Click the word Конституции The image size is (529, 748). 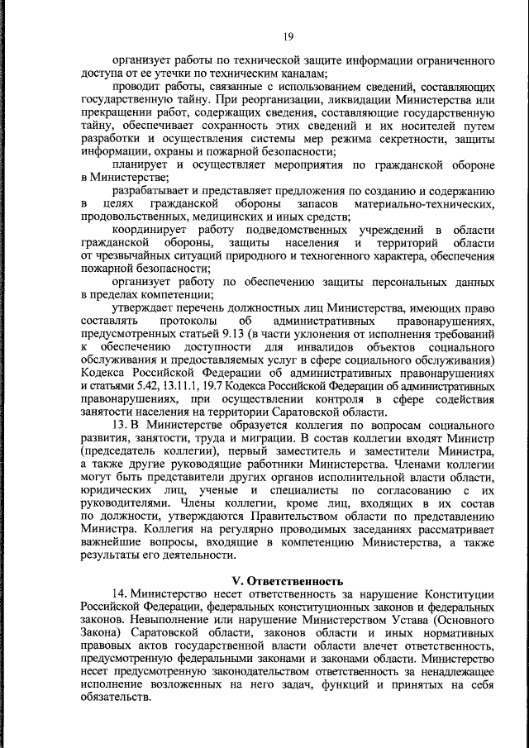pyautogui.click(x=460, y=595)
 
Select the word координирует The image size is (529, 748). pyautogui.click(x=149, y=229)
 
